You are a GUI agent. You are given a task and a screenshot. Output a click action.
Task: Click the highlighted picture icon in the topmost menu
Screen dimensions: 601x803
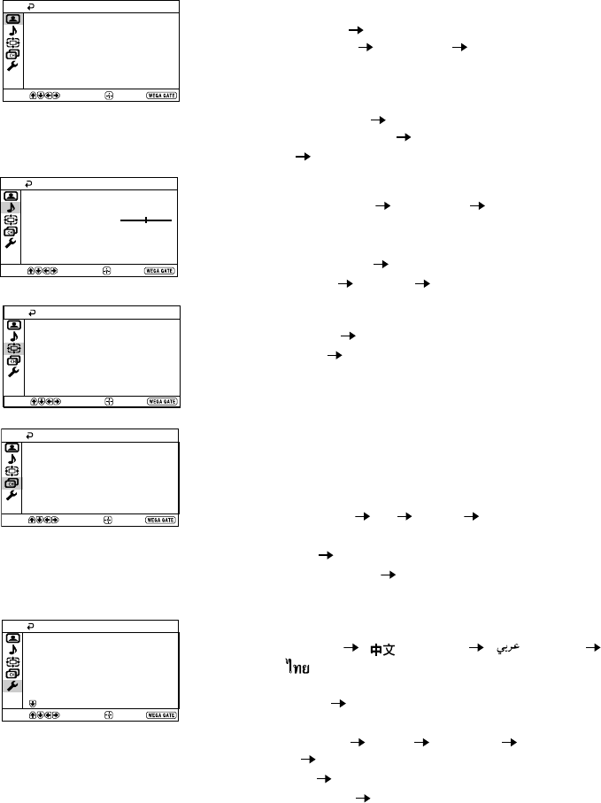12,18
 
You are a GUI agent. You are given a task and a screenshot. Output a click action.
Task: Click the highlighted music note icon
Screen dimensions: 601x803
12,207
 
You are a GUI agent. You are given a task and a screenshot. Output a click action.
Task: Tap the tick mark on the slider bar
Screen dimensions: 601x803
146,219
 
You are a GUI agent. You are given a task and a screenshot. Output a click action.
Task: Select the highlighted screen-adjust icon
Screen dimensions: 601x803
15,348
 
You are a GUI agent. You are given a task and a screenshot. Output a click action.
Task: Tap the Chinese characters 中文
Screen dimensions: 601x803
381,650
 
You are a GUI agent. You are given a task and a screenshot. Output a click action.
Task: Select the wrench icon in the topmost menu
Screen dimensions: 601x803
12,66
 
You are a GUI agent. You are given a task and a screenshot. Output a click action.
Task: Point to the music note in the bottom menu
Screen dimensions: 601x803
12,650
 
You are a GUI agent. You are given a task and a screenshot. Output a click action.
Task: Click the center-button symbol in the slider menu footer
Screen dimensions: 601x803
108,270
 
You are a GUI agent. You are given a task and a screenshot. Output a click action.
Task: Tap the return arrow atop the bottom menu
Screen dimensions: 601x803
34,625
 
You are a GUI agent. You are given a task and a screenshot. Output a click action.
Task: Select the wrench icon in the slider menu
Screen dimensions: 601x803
12,243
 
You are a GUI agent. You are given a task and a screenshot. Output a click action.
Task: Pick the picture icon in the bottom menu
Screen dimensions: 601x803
12,637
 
